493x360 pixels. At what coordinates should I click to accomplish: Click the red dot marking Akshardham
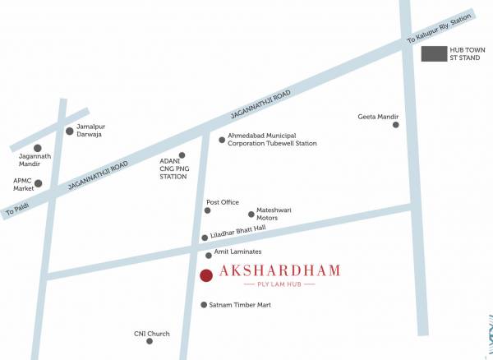tap(206, 275)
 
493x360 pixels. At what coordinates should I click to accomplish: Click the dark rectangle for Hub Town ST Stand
tap(434, 54)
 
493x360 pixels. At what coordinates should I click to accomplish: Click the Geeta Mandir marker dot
tap(396, 125)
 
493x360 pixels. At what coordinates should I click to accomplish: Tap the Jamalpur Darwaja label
tap(90, 131)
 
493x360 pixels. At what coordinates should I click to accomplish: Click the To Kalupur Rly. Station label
tap(440, 30)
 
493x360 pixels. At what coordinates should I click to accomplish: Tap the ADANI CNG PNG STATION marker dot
tap(182, 155)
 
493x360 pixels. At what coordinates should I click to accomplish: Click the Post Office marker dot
tap(207, 210)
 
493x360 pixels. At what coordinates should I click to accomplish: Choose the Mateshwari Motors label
tap(274, 214)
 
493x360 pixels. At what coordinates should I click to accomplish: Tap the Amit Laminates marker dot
tap(209, 256)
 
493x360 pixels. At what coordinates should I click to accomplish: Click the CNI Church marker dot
tap(149, 341)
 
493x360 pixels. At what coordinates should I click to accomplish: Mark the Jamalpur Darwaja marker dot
tap(70, 131)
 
